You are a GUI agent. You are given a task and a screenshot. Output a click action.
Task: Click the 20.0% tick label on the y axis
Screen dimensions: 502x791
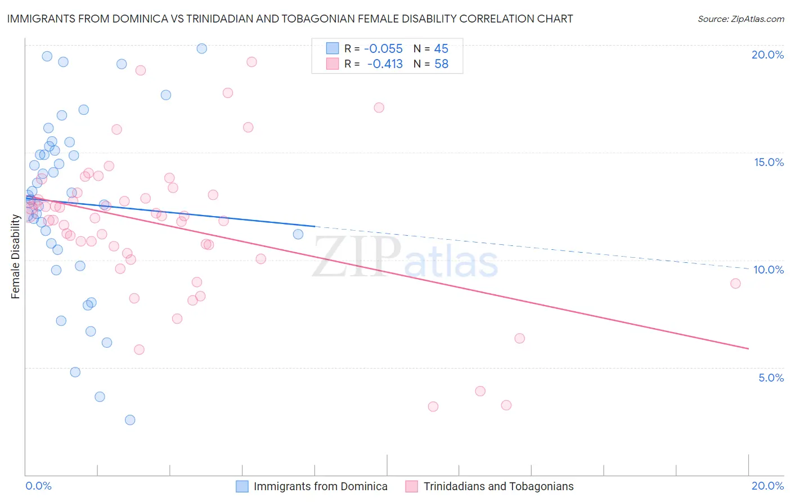tap(767, 55)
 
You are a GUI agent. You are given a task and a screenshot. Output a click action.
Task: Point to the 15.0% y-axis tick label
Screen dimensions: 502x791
tap(768, 162)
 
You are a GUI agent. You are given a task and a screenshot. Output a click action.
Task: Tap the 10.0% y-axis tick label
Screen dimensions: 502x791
tap(768, 270)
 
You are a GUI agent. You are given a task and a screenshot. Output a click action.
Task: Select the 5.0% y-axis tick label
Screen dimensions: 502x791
tap(771, 378)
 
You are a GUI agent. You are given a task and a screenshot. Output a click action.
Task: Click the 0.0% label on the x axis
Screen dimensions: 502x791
tap(38, 486)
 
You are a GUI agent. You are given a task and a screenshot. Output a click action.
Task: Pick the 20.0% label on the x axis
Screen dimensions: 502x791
tap(767, 486)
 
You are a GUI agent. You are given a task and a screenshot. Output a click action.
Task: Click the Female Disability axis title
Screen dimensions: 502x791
tap(15, 256)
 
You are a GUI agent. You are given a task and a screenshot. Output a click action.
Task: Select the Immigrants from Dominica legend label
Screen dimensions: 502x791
tap(320, 486)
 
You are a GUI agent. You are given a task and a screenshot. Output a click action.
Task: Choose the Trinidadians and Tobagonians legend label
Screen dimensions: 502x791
tap(498, 486)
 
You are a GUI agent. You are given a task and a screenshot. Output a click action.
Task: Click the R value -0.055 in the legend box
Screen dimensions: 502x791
tap(384, 49)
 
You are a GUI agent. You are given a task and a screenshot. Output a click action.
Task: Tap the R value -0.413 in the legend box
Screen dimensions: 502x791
tap(385, 64)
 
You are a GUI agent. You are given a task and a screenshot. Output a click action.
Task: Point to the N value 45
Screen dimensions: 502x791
tap(441, 49)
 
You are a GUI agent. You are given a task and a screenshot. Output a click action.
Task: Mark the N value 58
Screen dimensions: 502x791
tap(441, 64)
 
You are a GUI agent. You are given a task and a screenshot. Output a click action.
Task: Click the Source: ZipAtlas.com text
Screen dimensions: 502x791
tap(740, 19)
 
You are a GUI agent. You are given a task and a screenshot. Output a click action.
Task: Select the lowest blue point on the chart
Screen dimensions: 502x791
tap(130, 420)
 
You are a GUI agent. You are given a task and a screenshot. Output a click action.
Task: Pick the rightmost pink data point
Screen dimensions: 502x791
tap(735, 284)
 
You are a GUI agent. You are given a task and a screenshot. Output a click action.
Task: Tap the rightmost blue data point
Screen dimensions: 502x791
tap(298, 234)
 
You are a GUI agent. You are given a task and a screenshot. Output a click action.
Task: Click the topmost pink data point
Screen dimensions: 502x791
tap(251, 62)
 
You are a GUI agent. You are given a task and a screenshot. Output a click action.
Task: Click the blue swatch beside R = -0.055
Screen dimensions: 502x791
tap(332, 48)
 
